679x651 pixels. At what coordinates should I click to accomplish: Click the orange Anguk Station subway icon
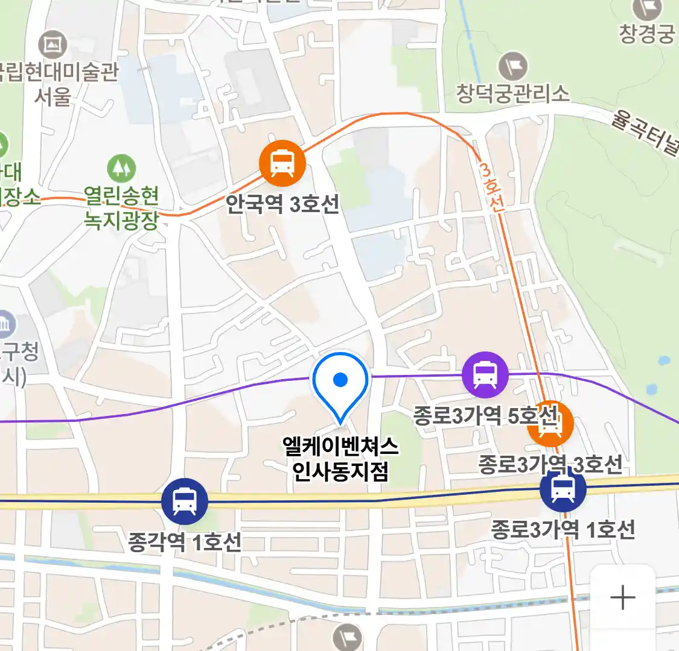282,163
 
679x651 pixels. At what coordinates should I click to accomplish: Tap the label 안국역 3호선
282,204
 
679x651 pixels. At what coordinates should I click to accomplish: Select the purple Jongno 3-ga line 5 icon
485,375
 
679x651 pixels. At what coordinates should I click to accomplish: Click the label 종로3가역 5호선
485,415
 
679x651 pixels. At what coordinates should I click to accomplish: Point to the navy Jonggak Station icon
184,501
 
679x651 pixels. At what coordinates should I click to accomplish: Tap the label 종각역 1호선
184,542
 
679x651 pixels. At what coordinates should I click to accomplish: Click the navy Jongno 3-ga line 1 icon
563,489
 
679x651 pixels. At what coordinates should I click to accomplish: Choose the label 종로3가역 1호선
563,530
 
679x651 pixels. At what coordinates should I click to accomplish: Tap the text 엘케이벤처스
340,447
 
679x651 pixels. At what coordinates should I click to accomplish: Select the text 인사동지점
340,471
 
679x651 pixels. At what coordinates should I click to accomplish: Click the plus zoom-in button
622,598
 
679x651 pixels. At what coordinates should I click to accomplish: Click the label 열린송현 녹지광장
121,208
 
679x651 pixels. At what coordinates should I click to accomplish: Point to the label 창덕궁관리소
512,93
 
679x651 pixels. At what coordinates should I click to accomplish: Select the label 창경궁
646,34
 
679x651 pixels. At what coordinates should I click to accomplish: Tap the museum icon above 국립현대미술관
53,44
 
